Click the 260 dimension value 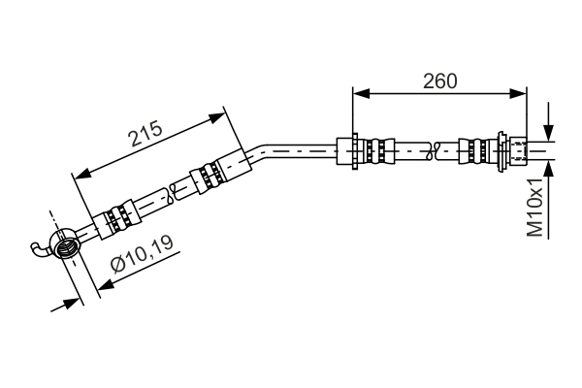point(439,81)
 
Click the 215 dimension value point(145,133)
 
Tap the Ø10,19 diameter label point(143,255)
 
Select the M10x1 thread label point(535,207)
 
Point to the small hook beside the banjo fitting point(39,248)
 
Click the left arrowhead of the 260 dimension point(361,93)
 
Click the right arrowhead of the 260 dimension point(518,93)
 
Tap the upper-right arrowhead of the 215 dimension point(217,117)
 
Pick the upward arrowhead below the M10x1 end point(548,170)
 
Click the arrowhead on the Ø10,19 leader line point(106,285)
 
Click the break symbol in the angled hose point(173,193)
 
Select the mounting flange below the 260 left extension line point(355,151)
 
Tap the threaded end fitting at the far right point(519,150)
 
